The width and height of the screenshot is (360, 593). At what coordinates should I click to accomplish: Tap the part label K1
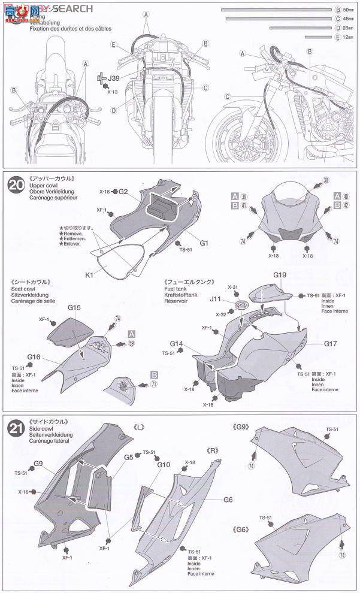pos(90,274)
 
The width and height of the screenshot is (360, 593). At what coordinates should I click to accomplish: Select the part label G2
pos(123,192)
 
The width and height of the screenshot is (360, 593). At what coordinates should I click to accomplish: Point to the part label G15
pos(74,307)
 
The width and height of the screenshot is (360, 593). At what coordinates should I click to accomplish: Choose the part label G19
pos(281,275)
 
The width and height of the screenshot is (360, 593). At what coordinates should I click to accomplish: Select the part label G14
pos(176,344)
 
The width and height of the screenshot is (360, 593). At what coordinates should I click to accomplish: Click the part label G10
pos(164,464)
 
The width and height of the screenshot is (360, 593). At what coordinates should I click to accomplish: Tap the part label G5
pos(128,456)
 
